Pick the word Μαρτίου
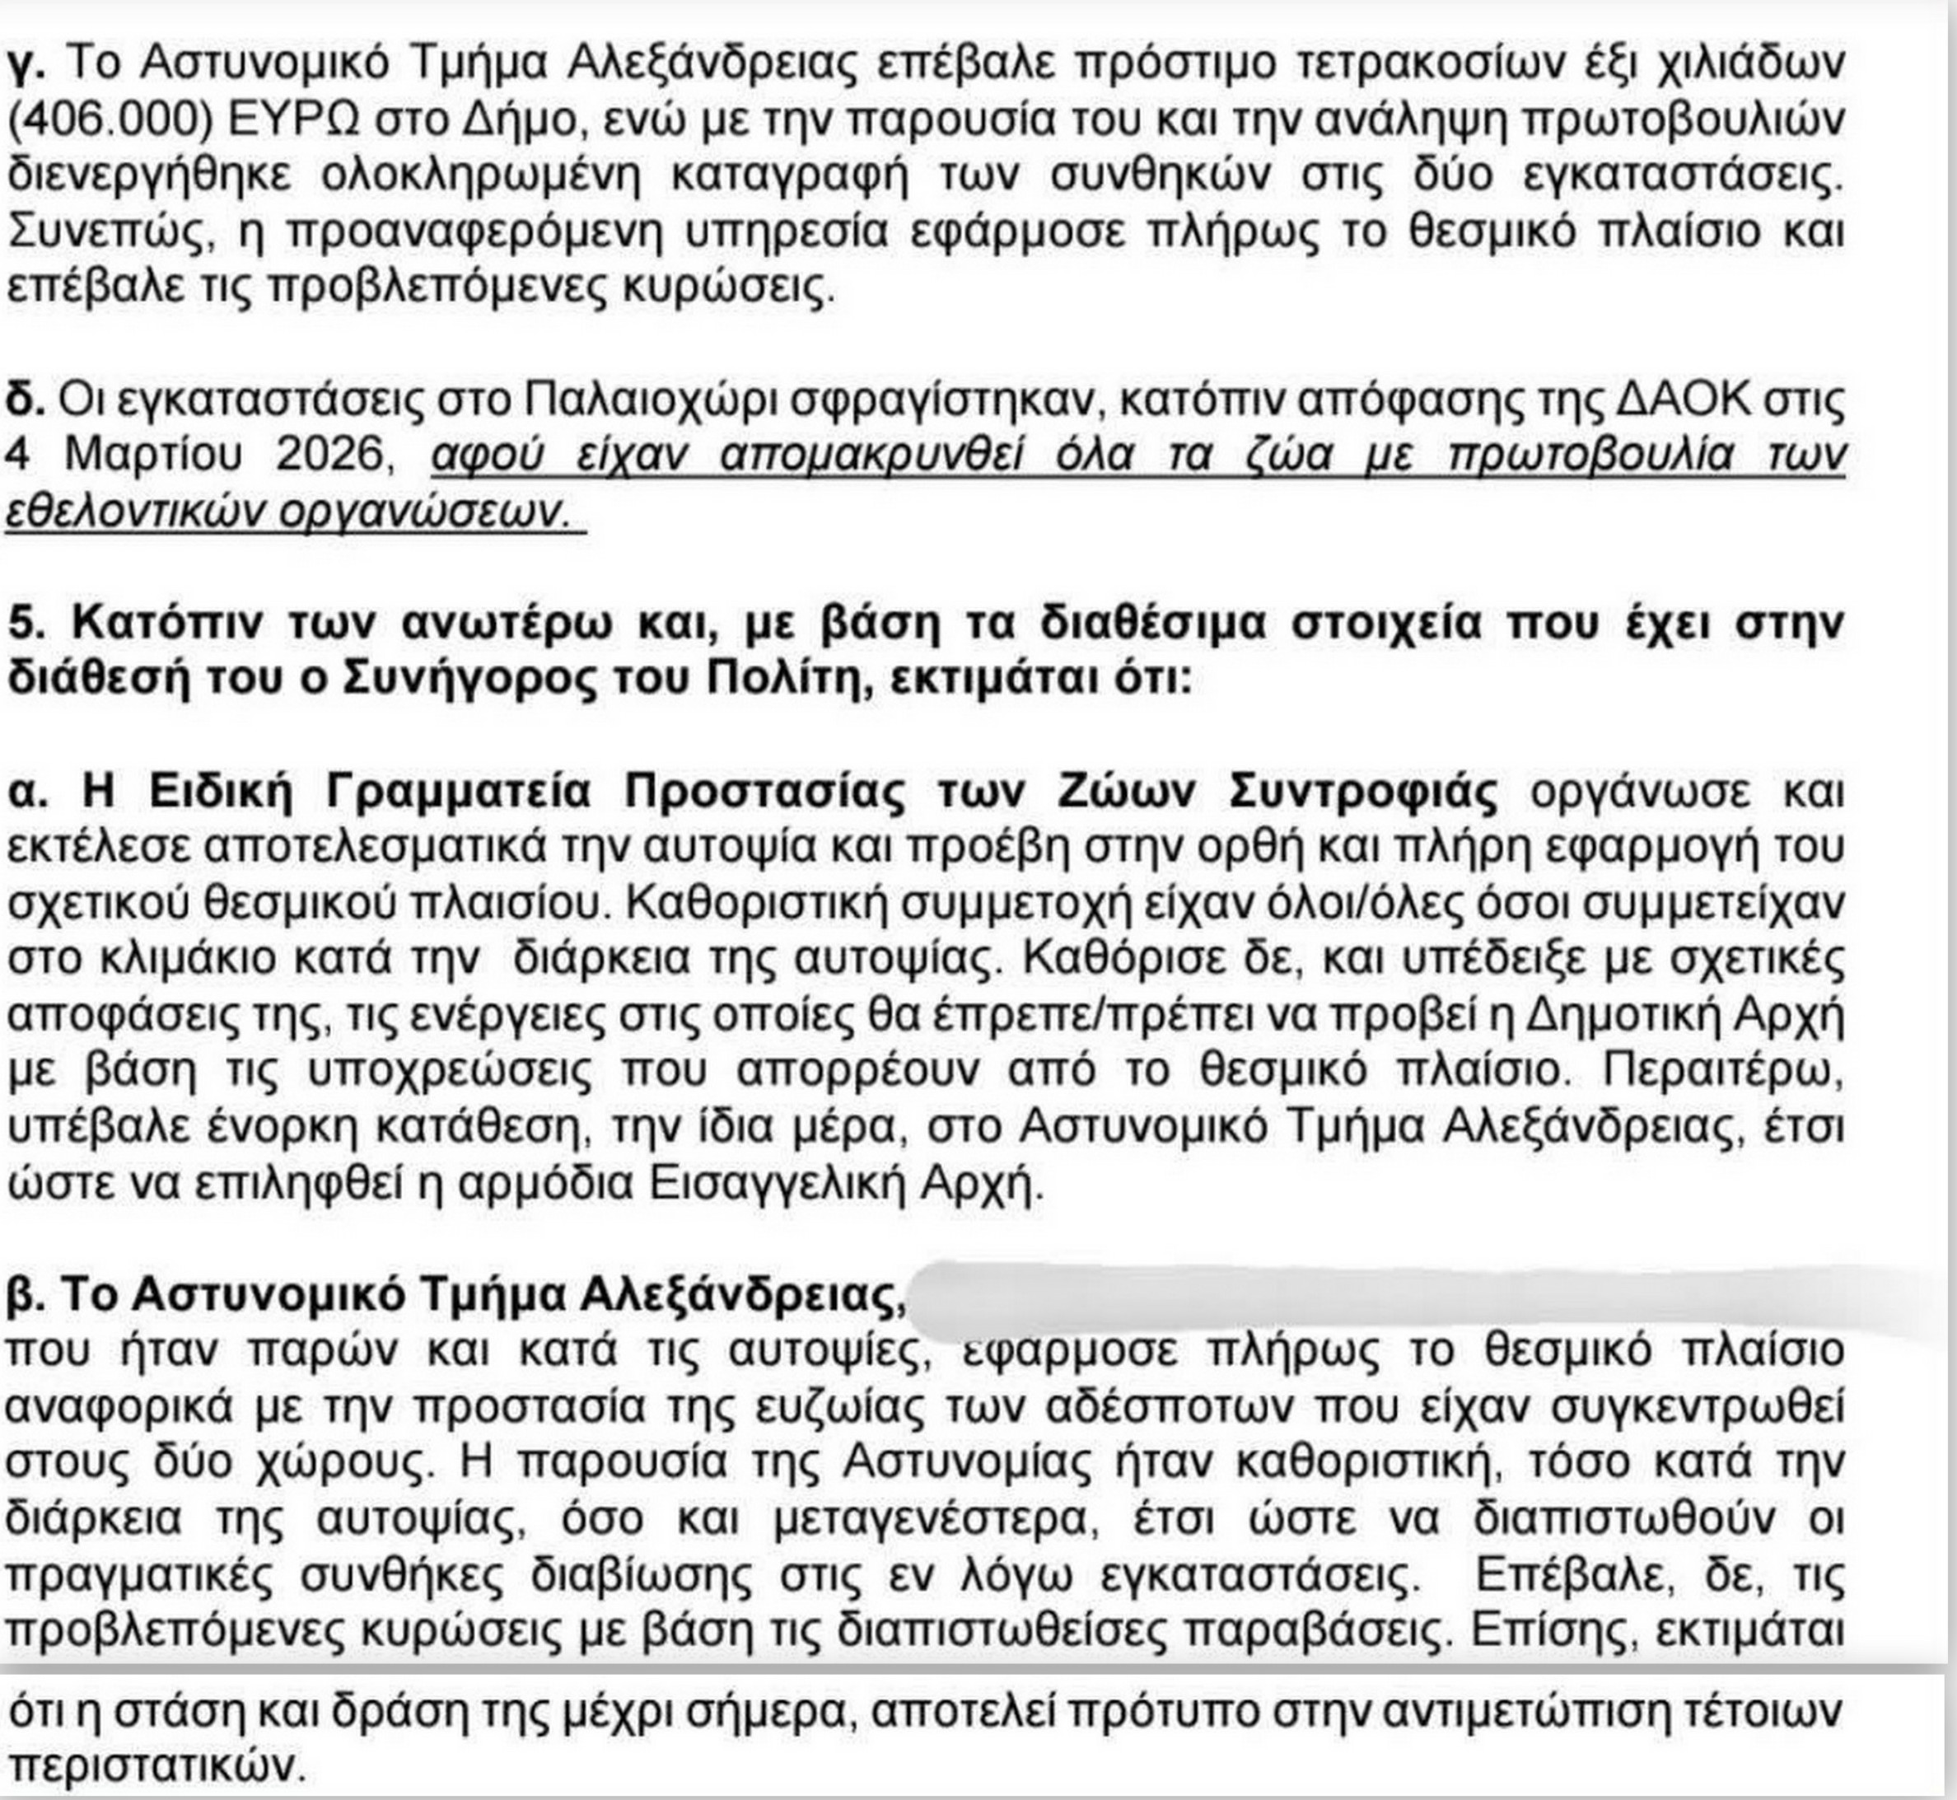click(x=161, y=455)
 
